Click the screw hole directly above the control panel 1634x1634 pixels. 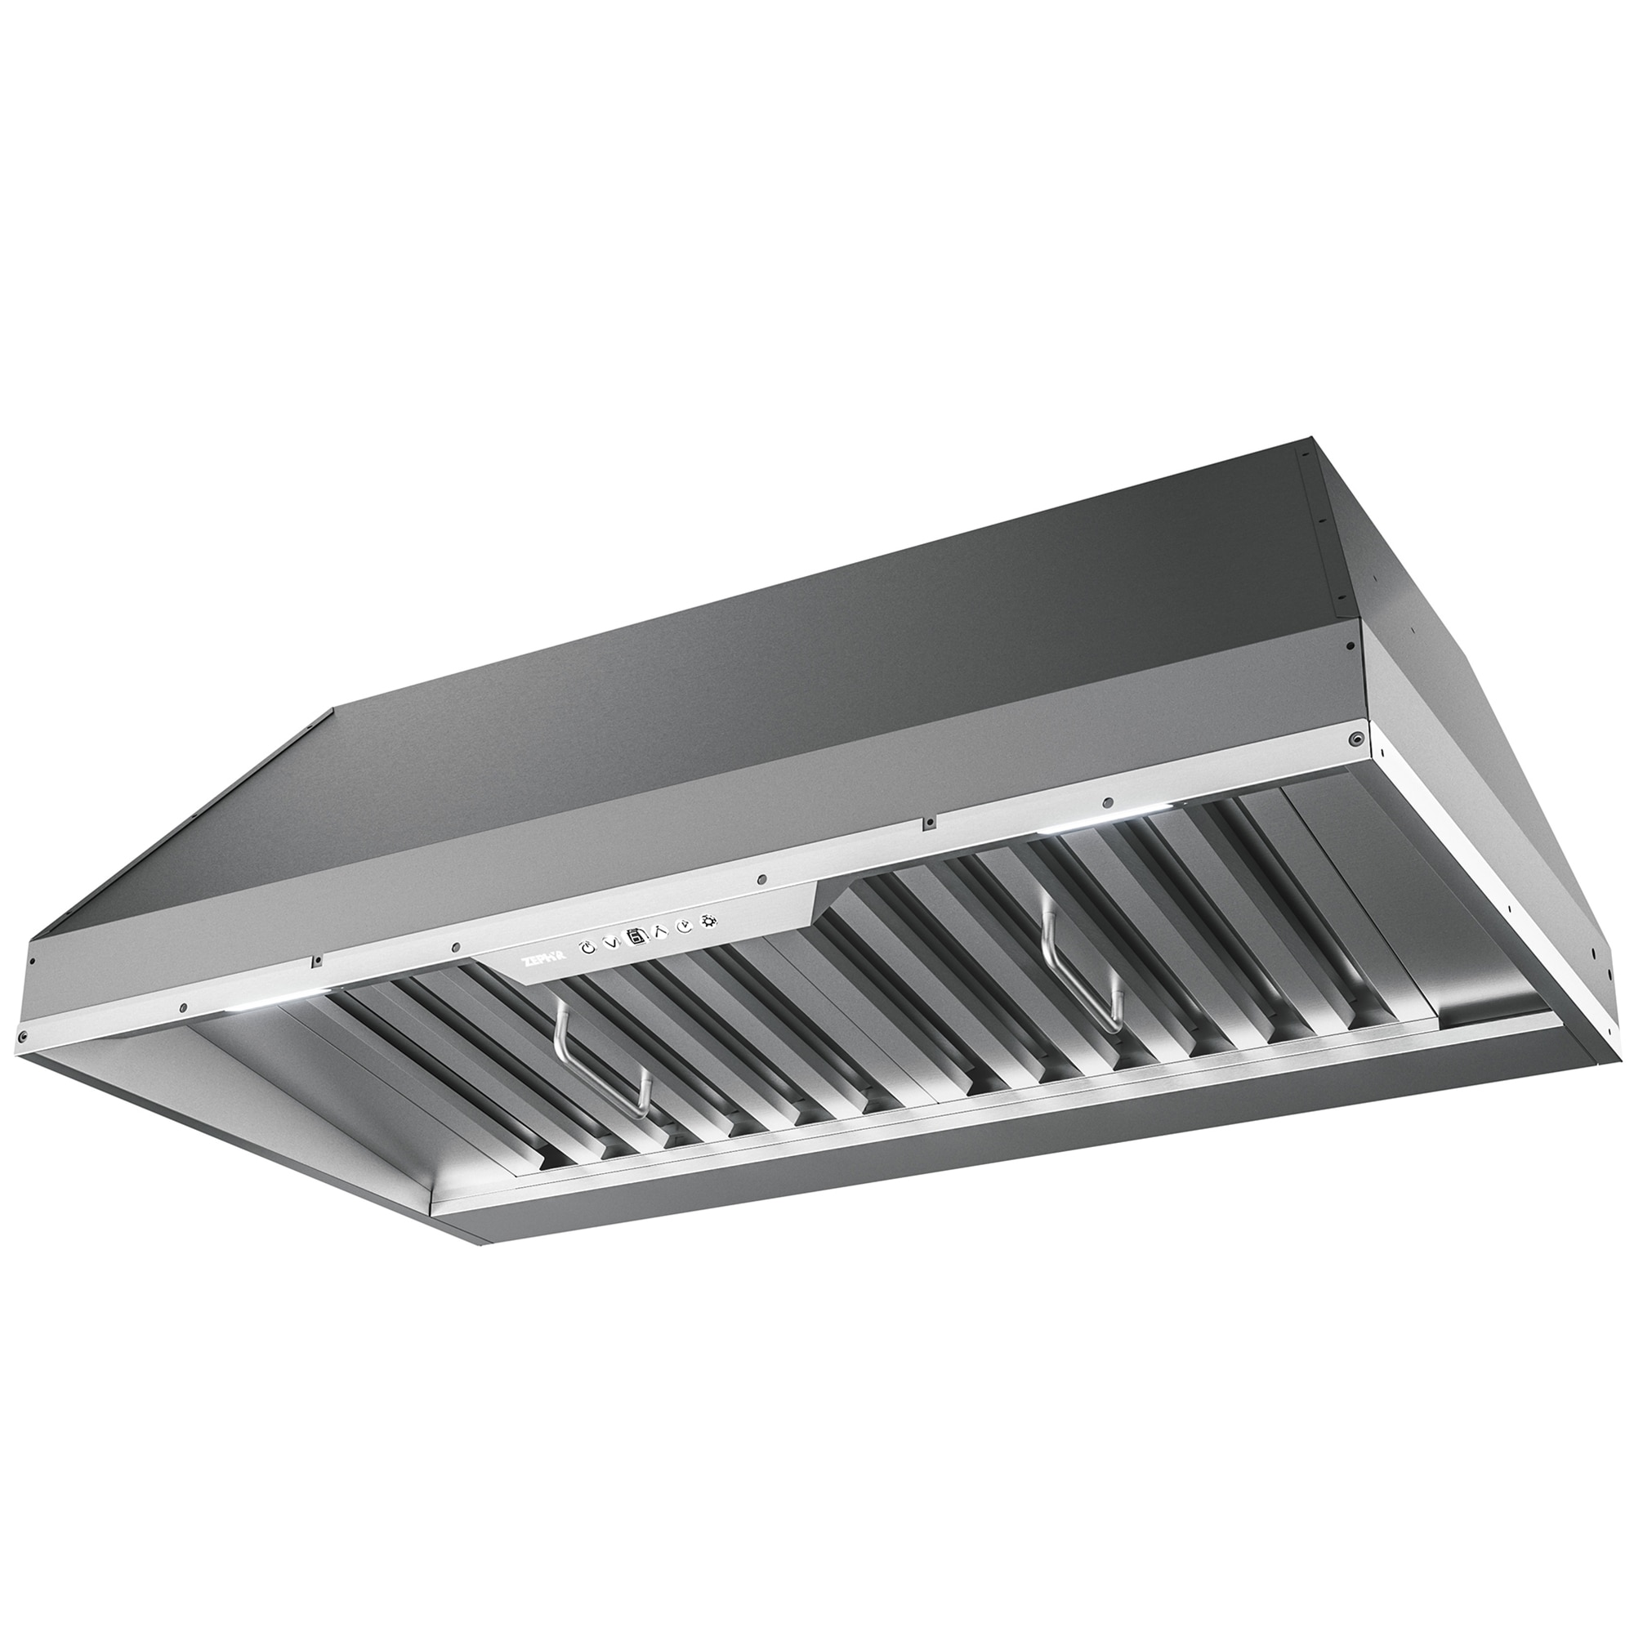pos(762,880)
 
